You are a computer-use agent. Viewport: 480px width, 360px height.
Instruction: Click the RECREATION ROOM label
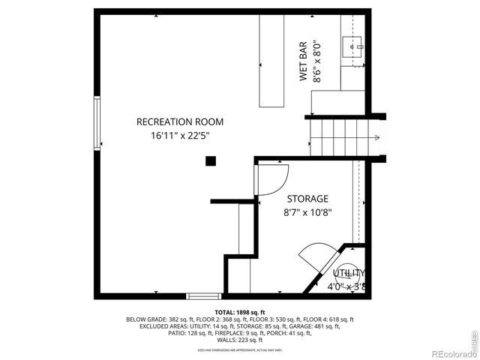tap(179, 121)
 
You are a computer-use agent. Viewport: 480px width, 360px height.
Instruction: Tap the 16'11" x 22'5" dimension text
tap(179, 136)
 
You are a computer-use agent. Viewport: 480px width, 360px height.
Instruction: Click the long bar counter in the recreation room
tap(273, 62)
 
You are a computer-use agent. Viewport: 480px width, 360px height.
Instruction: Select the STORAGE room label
tap(307, 199)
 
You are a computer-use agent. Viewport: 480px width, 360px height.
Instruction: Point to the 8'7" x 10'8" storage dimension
tap(307, 212)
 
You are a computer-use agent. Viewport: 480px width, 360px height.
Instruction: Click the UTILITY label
tap(349, 273)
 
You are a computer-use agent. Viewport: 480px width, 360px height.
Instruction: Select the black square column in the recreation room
tap(211, 160)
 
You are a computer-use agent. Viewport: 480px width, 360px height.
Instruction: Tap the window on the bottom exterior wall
tap(203, 295)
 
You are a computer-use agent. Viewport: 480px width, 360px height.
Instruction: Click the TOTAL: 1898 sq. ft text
tap(239, 312)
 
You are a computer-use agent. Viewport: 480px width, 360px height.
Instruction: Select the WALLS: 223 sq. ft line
tap(239, 340)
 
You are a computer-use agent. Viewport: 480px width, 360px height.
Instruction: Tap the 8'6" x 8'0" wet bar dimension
tap(318, 61)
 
